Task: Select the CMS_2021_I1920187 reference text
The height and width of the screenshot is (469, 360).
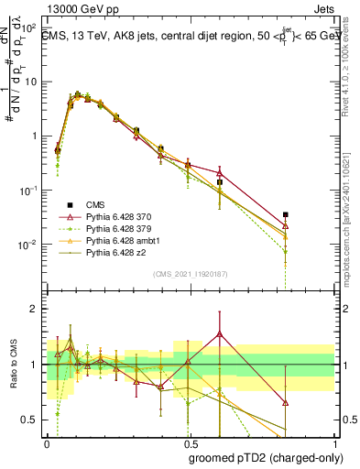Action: click(191, 274)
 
